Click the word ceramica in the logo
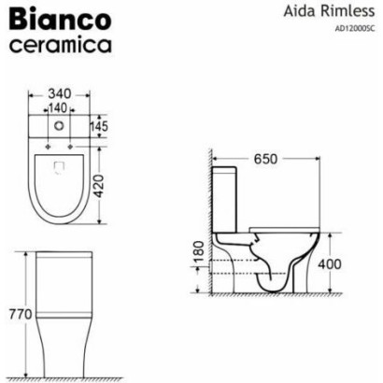click(x=60, y=45)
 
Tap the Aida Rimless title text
click(x=329, y=11)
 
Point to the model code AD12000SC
click(x=355, y=29)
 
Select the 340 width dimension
click(x=60, y=93)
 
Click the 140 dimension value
click(x=58, y=108)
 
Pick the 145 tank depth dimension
click(x=99, y=126)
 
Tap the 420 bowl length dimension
click(x=99, y=186)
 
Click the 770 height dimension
click(x=21, y=314)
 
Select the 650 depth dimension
click(x=265, y=159)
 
